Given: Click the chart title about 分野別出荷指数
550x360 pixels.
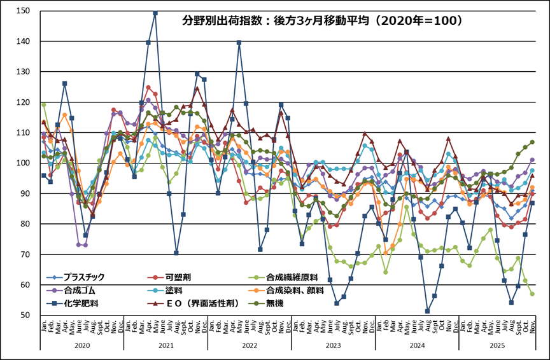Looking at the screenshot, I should [x=322, y=20].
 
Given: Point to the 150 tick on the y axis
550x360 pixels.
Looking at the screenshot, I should [x=23, y=11].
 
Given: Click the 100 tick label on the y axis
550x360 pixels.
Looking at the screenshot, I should [x=23, y=163].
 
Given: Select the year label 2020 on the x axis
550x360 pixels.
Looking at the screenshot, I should [x=81, y=344].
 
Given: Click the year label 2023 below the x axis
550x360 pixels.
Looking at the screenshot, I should [x=333, y=344].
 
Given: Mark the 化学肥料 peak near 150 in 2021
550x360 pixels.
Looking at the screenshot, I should [x=155, y=13].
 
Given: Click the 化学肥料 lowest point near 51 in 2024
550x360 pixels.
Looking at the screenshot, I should [x=427, y=311].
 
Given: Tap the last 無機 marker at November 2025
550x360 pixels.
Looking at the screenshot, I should [x=532, y=142].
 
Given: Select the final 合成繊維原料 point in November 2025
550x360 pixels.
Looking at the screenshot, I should [x=532, y=294].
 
